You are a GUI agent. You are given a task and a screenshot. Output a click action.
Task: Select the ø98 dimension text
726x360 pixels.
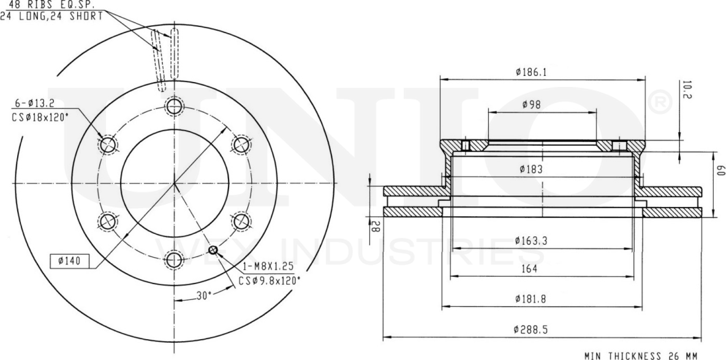(531, 105)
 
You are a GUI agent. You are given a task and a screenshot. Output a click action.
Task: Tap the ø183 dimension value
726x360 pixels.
(531, 170)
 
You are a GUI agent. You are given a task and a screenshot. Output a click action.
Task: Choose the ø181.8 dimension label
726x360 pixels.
(531, 299)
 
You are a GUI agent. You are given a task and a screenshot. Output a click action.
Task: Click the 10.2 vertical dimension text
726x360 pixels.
(686, 90)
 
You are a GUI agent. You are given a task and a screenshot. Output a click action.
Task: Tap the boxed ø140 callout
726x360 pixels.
(69, 261)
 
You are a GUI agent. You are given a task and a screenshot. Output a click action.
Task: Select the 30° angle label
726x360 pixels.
(204, 295)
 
